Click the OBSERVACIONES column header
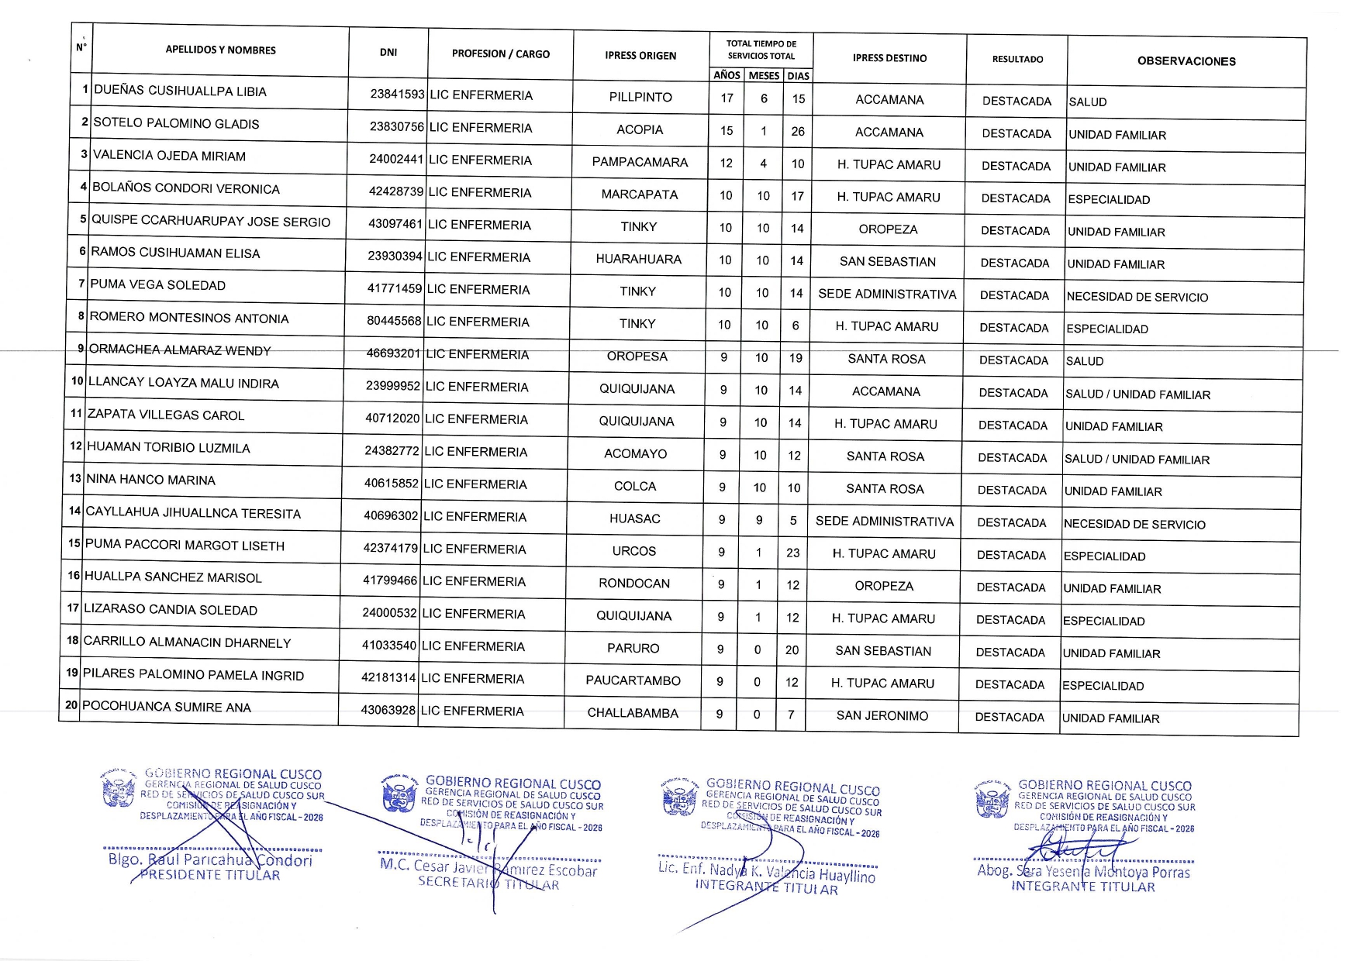[1186, 61]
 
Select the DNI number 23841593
[397, 95]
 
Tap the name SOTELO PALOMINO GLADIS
[176, 124]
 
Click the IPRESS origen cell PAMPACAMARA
[640, 162]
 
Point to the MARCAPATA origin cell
[640, 195]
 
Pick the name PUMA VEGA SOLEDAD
[157, 285]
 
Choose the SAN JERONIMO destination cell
[882, 716]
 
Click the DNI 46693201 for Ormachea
[393, 353]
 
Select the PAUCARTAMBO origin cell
[633, 680]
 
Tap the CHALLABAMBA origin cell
[633, 713]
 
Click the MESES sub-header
[764, 76]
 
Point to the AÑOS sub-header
[727, 75]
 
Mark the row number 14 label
[74, 511]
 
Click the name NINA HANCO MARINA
[150, 480]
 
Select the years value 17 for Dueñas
[727, 98]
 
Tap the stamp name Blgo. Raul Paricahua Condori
[210, 860]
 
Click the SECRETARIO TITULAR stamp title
[488, 883]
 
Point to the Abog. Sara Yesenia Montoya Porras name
[1083, 872]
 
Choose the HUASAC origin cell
[634, 519]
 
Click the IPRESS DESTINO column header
[889, 58]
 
